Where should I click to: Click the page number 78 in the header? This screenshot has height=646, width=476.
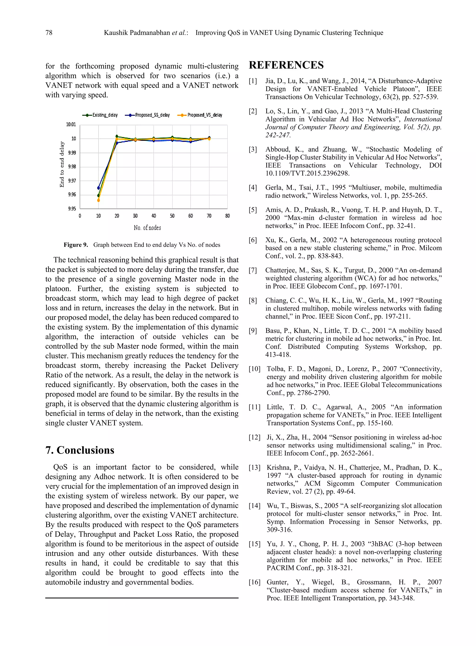point(49,33)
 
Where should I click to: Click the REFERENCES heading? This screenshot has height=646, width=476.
point(286,65)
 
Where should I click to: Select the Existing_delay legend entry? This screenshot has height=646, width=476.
point(100,115)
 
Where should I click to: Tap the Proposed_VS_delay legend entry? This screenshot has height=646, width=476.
point(200,115)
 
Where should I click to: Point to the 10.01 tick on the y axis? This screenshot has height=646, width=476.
point(71,124)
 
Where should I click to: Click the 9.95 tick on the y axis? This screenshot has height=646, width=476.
point(72,208)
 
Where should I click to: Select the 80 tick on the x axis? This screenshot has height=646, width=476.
point(227,216)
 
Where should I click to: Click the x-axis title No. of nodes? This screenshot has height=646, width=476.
point(147,228)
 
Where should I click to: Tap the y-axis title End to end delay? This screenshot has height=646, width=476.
point(62,164)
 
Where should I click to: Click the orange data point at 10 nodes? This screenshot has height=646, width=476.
point(99,200)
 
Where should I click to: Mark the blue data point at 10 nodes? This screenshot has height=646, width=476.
point(99,188)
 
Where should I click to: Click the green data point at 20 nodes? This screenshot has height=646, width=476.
point(117,136)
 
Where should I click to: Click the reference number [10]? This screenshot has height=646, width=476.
point(255,369)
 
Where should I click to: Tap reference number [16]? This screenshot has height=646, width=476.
point(255,582)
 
